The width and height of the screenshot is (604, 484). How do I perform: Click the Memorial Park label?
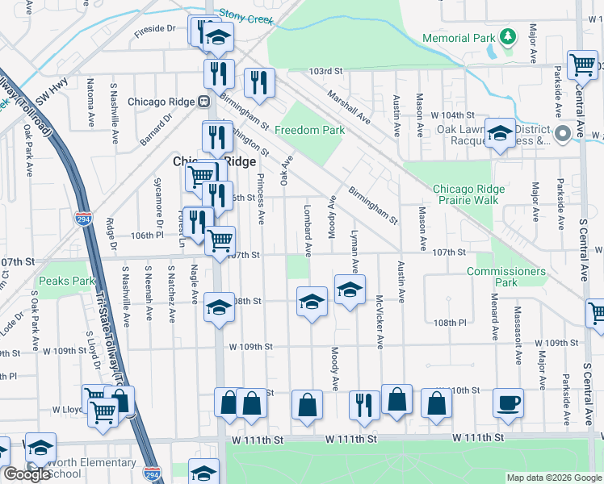457,38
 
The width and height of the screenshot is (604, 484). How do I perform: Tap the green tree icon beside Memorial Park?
507,36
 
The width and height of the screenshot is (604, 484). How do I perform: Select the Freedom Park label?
309,130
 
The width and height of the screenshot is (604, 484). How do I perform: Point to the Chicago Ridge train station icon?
204,102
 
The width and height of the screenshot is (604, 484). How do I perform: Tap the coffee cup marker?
508,402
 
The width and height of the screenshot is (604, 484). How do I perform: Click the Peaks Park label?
66,281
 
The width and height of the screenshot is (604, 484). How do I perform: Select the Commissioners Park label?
505,277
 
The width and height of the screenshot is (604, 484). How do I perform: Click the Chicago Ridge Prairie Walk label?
468,194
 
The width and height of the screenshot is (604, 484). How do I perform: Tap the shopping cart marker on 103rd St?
581,64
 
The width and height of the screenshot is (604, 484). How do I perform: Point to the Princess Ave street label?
260,198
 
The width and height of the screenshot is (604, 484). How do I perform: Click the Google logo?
27,474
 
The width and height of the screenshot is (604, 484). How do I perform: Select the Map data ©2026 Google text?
553,478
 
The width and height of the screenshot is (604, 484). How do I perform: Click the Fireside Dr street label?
155,27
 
